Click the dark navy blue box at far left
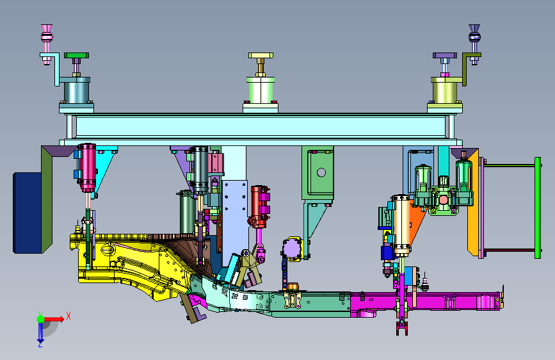coord(28,213)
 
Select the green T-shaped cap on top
coord(76,55)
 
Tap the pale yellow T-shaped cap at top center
coord(261,55)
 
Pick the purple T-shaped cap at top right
coord(445,56)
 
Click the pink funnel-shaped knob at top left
coord(47,34)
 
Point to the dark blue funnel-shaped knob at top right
coord(474,34)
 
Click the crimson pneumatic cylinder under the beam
coord(87,167)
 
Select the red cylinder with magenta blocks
coord(259,206)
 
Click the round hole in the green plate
coord(321,172)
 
